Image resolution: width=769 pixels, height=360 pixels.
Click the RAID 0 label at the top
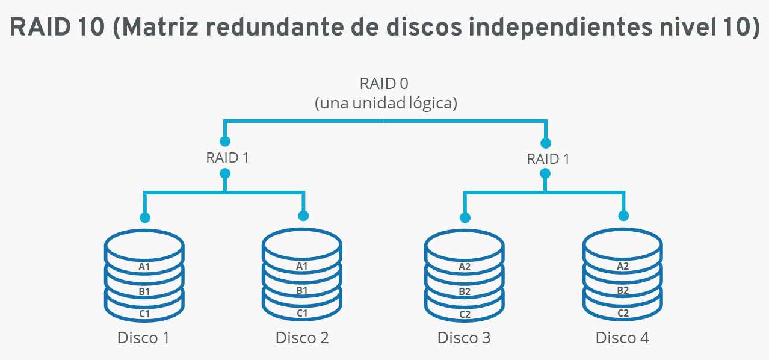pyautogui.click(x=384, y=83)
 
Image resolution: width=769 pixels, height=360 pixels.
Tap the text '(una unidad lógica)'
pyautogui.click(x=386, y=103)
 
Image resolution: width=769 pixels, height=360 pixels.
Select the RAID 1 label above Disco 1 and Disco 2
pyautogui.click(x=227, y=158)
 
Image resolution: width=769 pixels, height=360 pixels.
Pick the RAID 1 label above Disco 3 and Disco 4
pyautogui.click(x=548, y=159)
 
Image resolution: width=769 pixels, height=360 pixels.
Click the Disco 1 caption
pyautogui.click(x=143, y=338)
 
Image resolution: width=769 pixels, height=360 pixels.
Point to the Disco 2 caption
pyautogui.click(x=302, y=338)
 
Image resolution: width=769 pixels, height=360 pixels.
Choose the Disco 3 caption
pyautogui.click(x=464, y=338)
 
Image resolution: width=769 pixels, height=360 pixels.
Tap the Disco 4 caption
pyautogui.click(x=622, y=338)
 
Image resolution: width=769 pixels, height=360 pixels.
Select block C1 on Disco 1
pyautogui.click(x=144, y=314)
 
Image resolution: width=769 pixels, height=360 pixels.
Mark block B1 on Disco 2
pyautogui.click(x=302, y=290)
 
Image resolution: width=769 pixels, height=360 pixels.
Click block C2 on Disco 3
pyautogui.click(x=465, y=314)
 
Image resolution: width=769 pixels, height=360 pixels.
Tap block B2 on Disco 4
pyautogui.click(x=623, y=290)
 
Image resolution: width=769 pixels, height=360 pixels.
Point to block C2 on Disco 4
pyautogui.click(x=623, y=314)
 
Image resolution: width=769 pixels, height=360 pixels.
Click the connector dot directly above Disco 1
pyautogui.click(x=144, y=217)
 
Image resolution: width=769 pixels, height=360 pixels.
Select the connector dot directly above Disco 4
pyautogui.click(x=623, y=216)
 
